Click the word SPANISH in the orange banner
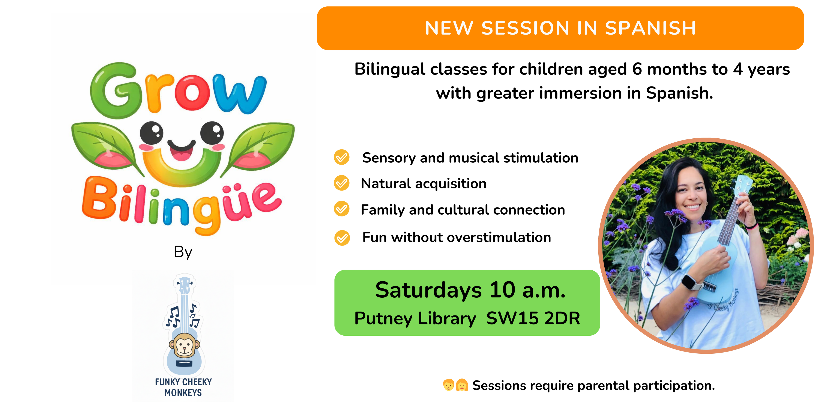[x=650, y=28]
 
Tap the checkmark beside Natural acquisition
[x=342, y=183]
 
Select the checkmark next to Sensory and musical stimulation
[x=342, y=157]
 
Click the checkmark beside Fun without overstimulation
[x=342, y=238]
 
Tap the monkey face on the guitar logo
[x=184, y=345]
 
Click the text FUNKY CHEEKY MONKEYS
[x=183, y=387]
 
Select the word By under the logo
[x=183, y=252]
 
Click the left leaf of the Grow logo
[x=105, y=145]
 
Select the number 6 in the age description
[x=637, y=69]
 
